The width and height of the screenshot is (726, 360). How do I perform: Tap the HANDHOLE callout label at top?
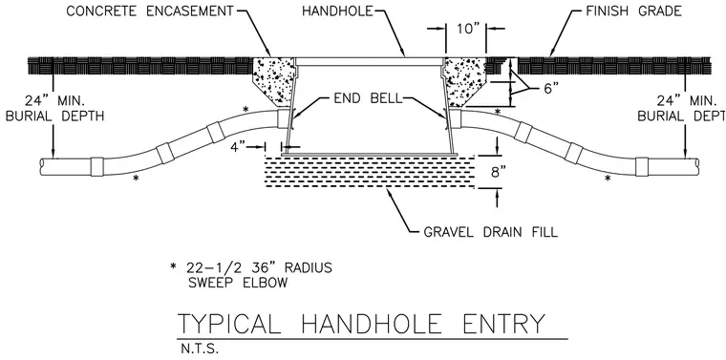(337, 11)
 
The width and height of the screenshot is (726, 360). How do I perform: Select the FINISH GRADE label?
(633, 11)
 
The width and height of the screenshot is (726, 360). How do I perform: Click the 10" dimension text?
(466, 29)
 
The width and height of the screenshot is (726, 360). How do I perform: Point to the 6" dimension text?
(549, 89)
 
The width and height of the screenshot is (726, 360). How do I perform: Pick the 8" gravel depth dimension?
(495, 172)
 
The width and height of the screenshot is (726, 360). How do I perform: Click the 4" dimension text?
(238, 147)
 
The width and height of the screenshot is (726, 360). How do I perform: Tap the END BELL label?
(368, 99)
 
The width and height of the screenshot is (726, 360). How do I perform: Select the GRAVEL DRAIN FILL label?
(491, 232)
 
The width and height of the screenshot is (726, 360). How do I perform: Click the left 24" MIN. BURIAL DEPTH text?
(55, 108)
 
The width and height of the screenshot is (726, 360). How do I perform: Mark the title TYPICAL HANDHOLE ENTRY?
(362, 324)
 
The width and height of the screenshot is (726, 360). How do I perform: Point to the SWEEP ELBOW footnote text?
(238, 283)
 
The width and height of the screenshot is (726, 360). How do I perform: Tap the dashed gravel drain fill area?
(369, 172)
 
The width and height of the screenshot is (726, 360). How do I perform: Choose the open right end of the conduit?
(695, 166)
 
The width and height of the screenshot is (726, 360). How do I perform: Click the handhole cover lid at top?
(370, 61)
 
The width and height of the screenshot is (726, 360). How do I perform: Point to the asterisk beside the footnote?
(174, 267)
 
